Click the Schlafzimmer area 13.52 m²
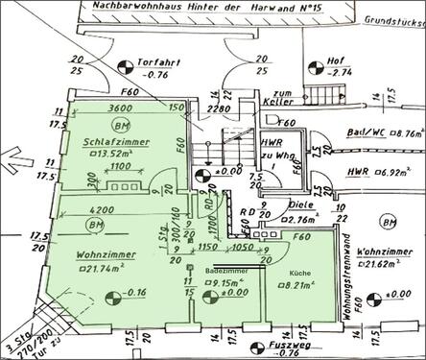point(98,153)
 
